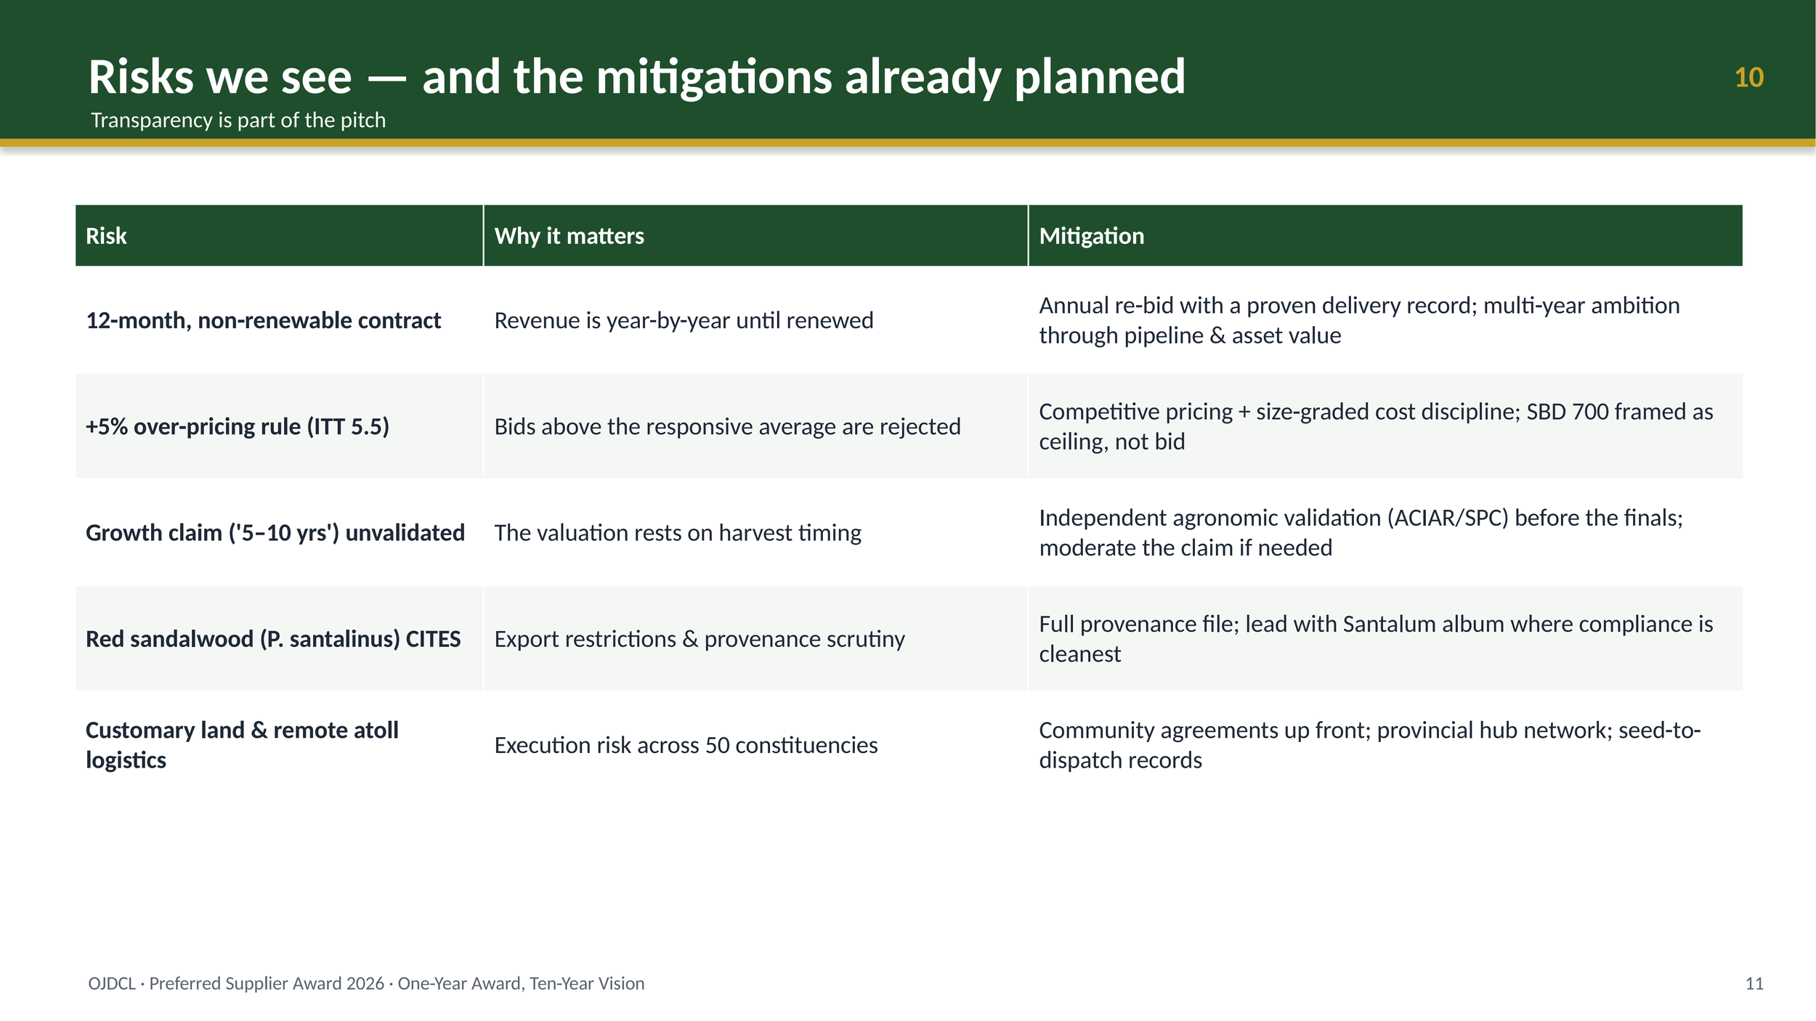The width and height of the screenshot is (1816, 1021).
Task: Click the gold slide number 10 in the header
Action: [1748, 78]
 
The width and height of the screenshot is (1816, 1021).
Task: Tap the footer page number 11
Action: [1754, 983]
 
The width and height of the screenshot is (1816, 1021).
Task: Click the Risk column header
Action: [106, 236]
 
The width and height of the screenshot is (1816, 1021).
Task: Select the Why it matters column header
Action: [569, 236]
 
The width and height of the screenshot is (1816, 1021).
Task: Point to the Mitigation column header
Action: [1091, 236]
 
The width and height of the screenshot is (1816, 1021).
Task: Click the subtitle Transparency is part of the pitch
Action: [238, 120]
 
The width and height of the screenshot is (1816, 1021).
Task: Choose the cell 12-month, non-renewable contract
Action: [263, 320]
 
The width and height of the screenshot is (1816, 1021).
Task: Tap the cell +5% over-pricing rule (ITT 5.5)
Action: [238, 426]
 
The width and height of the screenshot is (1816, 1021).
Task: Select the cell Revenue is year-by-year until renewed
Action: [684, 320]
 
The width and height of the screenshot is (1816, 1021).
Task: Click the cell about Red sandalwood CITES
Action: [273, 639]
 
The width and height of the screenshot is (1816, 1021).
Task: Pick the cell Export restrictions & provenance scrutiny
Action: [700, 639]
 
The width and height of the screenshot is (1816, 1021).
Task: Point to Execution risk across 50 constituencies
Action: [686, 745]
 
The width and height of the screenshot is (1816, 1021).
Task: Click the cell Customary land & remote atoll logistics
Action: [242, 745]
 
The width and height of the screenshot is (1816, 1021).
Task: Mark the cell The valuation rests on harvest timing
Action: [678, 533]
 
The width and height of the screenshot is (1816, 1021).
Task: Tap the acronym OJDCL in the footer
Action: [112, 983]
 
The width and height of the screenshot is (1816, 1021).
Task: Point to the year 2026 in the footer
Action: [365, 983]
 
